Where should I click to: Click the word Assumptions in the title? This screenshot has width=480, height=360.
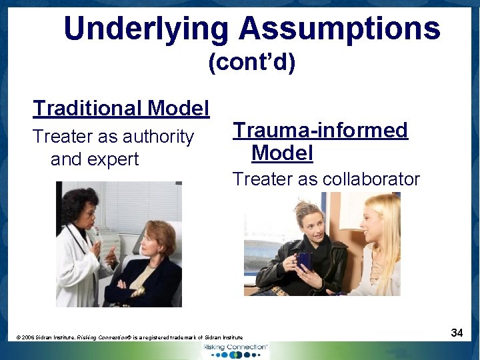pyautogui.click(x=339, y=29)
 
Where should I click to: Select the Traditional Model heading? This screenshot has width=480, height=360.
pyautogui.click(x=121, y=108)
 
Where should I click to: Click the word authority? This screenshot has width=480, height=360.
pyautogui.click(x=159, y=137)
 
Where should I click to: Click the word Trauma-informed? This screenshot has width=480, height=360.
pyautogui.click(x=320, y=130)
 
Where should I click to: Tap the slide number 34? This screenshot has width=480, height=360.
pyautogui.click(x=457, y=332)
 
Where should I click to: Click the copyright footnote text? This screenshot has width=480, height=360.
pyautogui.click(x=130, y=338)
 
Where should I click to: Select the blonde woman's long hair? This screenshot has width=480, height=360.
pyautogui.click(x=388, y=233)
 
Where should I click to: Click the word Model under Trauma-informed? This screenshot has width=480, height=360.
pyautogui.click(x=282, y=153)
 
